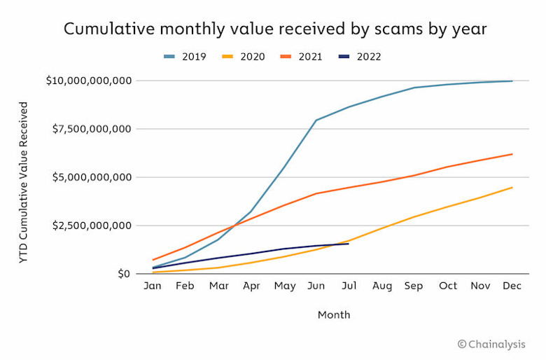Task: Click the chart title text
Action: tap(275, 29)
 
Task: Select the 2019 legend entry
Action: tap(185, 57)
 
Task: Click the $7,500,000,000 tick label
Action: tap(92, 129)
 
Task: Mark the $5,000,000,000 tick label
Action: tap(92, 177)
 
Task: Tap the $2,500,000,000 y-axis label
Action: tap(92, 226)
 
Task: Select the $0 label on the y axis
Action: tap(123, 274)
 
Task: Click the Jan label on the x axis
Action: tap(153, 286)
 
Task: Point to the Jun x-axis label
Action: tap(316, 286)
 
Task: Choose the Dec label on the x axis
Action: tap(513, 286)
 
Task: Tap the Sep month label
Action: tap(414, 286)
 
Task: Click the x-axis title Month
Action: tap(334, 315)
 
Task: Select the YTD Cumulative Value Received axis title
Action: tap(24, 182)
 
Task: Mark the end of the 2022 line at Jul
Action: tap(349, 243)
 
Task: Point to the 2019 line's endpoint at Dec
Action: tap(512, 81)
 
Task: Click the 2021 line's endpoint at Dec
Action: tap(512, 154)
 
